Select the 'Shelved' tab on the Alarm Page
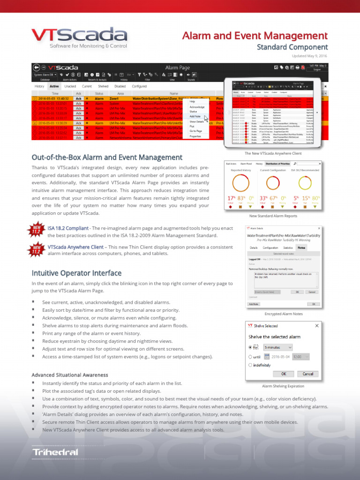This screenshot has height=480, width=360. coord(103,86)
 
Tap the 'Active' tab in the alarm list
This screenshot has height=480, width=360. coord(54,86)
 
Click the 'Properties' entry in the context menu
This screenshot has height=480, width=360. coord(195,136)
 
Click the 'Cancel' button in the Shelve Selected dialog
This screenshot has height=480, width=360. coord(308,374)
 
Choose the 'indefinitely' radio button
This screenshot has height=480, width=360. coord(250,365)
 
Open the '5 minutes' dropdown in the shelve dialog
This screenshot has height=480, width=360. coord(278,347)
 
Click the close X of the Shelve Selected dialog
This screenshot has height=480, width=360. coord(317,325)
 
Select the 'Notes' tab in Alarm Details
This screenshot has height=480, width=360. coord(301,247)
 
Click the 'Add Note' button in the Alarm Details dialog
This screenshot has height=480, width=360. coord(253,304)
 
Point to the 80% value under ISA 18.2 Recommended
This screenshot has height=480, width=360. coord(316,198)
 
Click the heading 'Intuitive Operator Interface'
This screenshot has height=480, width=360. coord(76,273)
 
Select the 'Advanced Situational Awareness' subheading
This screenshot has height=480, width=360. coord(69,375)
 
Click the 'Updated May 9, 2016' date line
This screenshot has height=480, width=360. coord(309,56)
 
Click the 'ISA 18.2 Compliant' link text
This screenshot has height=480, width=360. coord(68,228)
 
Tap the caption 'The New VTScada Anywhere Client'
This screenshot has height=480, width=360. coord(273,153)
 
